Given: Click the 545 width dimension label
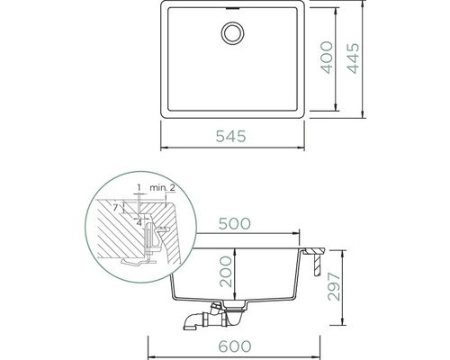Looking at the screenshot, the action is pos(230,136).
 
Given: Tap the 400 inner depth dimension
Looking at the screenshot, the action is pos(327,58).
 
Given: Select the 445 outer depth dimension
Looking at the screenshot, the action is pos(353,58).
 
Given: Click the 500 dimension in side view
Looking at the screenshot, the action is pos(234,223).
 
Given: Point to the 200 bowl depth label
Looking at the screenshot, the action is pos(226,272).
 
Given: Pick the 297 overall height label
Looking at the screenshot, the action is pos(334,286).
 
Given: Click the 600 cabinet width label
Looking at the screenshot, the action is pos(235,346).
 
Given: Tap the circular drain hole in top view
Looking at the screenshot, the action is pos(232,33).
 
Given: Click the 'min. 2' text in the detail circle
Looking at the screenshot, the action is pos(162,188).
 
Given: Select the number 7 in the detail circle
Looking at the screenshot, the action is pos(115,207).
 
